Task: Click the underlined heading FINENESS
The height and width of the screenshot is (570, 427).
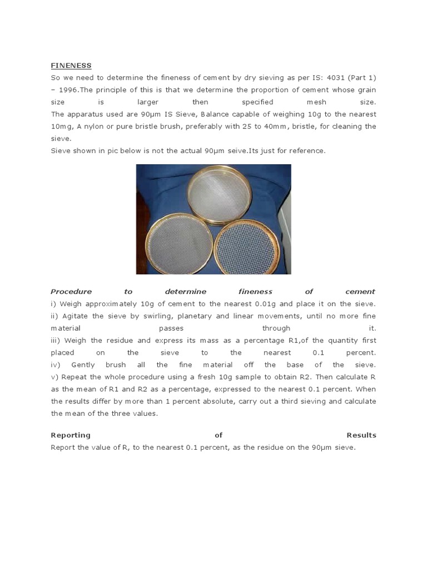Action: click(x=71, y=66)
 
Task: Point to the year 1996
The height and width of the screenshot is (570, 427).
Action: click(x=69, y=90)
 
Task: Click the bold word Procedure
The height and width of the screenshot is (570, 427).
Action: click(x=71, y=291)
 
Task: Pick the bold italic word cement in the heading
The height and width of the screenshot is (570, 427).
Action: click(x=360, y=291)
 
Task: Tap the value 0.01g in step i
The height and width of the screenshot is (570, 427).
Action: click(x=269, y=303)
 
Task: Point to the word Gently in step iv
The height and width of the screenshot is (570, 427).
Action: click(x=85, y=365)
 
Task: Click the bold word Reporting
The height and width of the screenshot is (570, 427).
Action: click(x=71, y=435)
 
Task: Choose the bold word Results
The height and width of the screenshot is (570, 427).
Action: click(x=361, y=435)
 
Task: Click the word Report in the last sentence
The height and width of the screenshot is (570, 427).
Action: click(x=63, y=447)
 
